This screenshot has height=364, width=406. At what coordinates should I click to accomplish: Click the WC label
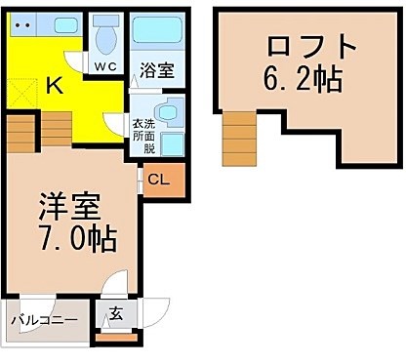pyautogui.click(x=105, y=66)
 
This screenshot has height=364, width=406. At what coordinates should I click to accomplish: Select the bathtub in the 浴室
pyautogui.click(x=157, y=30)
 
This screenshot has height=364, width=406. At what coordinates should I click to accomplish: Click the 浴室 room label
pyautogui.click(x=157, y=70)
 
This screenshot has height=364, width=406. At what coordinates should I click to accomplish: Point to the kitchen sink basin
pyautogui.click(x=66, y=24)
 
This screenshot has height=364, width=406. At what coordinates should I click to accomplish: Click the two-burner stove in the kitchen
pyautogui.click(x=22, y=24)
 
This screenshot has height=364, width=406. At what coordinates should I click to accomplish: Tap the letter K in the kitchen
pyautogui.click(x=55, y=85)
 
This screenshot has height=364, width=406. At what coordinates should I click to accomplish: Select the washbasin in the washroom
pyautogui.click(x=168, y=112)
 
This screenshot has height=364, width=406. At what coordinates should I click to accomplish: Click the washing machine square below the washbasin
pyautogui.click(x=173, y=144)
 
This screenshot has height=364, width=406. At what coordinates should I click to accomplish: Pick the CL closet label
pyautogui.click(x=158, y=180)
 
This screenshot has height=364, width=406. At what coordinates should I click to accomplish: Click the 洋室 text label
pyautogui.click(x=68, y=207)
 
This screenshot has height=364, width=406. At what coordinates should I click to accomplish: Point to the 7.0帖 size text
pyautogui.click(x=78, y=239)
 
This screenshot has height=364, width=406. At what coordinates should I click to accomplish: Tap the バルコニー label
pyautogui.click(x=45, y=320)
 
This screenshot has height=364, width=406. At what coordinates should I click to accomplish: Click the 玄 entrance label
pyautogui.click(x=116, y=313)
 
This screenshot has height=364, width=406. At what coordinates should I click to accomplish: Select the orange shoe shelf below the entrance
pyautogui.click(x=116, y=338)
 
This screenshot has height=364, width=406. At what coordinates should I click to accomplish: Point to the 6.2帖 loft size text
pyautogui.click(x=303, y=79)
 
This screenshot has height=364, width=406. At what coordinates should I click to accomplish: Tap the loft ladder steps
pyautogui.click(x=239, y=139)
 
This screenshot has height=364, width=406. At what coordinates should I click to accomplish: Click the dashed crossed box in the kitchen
pyautogui.click(x=22, y=94)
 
